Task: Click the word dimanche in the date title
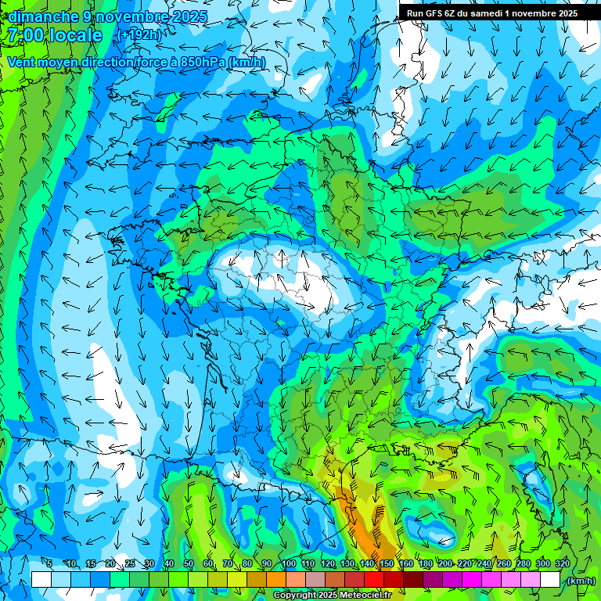pos(43,16)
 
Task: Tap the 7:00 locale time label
pos(55,36)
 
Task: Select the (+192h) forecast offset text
pos(139,35)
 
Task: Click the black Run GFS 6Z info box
pos(492,13)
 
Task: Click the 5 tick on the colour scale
pos(49,563)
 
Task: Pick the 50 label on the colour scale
pos(189,563)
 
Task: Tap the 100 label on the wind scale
pos(288,563)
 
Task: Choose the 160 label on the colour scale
pos(405,563)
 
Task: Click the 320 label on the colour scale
pos(563,563)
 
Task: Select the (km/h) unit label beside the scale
pos(580,581)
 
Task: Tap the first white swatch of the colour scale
pos(41,579)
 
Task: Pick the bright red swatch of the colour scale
pos(374,579)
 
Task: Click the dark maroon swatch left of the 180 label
pos(413,579)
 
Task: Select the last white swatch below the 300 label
pos(550,579)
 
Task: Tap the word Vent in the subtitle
pos(22,62)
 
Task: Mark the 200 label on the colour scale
pos(445,563)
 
